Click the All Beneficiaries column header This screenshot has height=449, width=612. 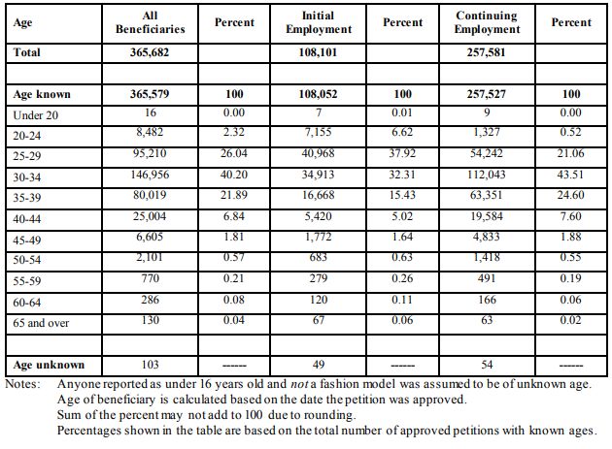click(x=151, y=22)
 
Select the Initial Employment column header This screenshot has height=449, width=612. click(x=319, y=22)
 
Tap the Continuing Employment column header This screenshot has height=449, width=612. click(x=487, y=22)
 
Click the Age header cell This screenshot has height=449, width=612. click(x=22, y=23)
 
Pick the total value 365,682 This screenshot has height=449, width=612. click(x=150, y=52)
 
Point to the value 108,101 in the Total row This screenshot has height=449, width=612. click(x=318, y=52)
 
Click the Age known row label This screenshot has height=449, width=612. click(x=42, y=95)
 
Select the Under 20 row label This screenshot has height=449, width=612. click(x=36, y=115)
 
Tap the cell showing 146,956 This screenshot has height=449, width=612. click(x=150, y=175)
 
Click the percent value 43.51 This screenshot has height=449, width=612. click(x=570, y=175)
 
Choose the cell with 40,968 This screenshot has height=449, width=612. click(x=318, y=153)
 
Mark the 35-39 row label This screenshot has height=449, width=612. click(x=27, y=198)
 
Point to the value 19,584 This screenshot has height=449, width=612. click(x=487, y=216)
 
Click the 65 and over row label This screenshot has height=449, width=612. click(x=41, y=323)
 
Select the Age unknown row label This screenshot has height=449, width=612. click(x=49, y=365)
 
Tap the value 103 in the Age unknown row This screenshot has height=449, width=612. click(x=150, y=365)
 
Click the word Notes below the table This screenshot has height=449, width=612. click(x=22, y=384)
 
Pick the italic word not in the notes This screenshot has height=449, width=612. click(x=299, y=384)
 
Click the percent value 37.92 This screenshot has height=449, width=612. click(x=402, y=153)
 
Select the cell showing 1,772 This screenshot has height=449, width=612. click(x=318, y=237)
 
